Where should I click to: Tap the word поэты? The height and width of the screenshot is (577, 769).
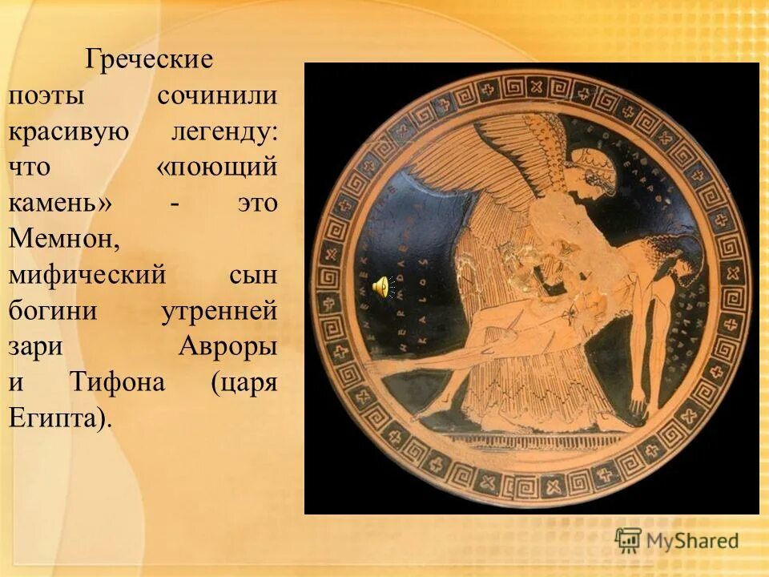46,96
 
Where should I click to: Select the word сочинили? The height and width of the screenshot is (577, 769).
217,95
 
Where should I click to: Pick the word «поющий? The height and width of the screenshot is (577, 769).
217,167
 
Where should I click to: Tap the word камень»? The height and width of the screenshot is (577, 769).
59,204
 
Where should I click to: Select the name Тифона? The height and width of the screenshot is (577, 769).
117,382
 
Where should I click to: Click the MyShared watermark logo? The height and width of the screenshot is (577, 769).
677,540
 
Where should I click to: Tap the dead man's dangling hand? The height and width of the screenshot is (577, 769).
637,398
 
